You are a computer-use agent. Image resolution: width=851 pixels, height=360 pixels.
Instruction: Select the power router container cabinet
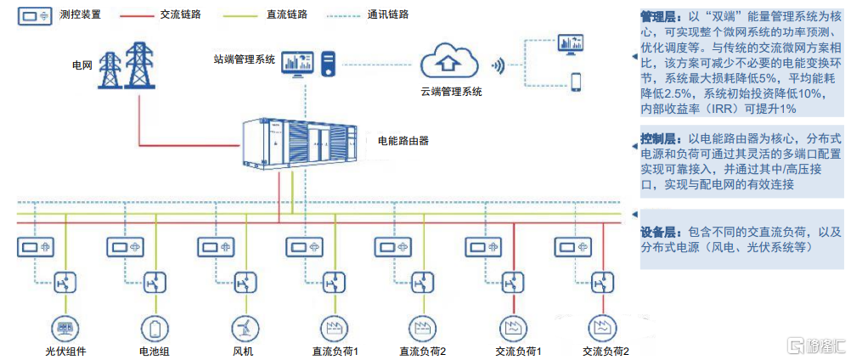[x=296, y=143]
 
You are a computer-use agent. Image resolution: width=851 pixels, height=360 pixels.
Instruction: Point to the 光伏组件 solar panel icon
[x=64, y=327]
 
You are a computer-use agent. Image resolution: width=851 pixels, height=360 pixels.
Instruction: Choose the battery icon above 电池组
[x=155, y=327]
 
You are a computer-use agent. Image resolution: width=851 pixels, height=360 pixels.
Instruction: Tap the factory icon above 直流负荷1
[x=335, y=327]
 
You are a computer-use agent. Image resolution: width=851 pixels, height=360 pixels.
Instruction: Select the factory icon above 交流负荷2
[x=604, y=327]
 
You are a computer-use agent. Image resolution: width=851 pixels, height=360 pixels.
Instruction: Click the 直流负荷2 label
[x=423, y=351]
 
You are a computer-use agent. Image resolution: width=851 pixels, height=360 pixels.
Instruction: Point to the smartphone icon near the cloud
[x=575, y=82]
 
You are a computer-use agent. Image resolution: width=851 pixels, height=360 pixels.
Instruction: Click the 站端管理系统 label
[x=245, y=60]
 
